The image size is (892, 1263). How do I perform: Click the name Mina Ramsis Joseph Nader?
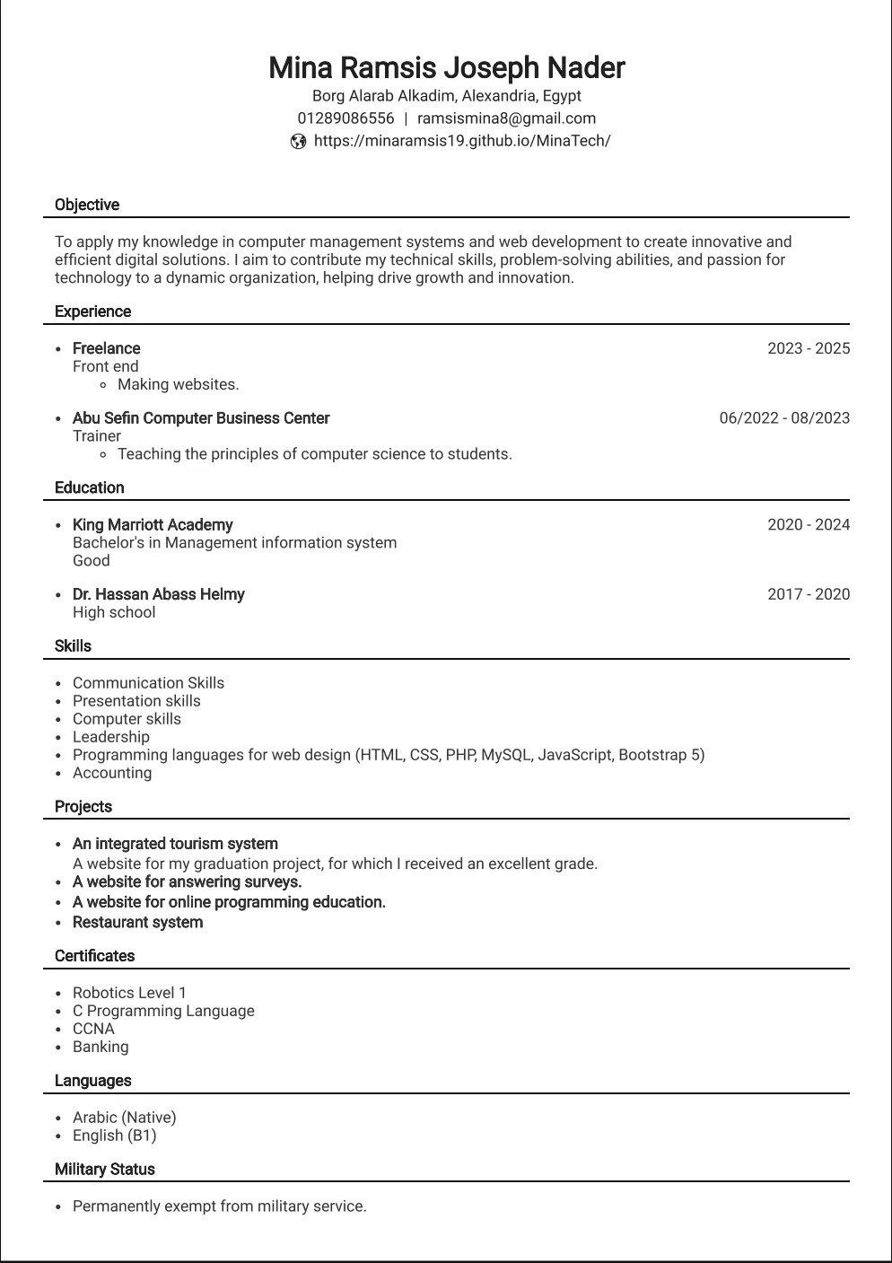446,67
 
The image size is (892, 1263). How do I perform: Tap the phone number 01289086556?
345,118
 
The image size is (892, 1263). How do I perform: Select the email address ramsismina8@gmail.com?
506,118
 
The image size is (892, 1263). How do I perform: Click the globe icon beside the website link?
299,141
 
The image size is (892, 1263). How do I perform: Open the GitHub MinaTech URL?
461,141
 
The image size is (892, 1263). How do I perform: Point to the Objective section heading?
87,205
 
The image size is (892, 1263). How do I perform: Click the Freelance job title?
106,348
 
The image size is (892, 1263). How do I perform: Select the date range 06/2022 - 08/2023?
784,418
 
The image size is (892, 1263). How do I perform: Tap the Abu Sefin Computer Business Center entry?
201,418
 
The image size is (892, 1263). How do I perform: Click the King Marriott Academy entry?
153,525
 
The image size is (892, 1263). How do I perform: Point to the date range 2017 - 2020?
808,594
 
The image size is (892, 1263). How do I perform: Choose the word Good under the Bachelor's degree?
92,561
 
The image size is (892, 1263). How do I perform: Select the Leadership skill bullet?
111,737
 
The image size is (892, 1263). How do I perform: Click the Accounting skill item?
112,773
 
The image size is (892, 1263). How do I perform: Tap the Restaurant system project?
137,923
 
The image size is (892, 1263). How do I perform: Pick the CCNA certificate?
93,1029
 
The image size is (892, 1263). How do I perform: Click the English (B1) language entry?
114,1136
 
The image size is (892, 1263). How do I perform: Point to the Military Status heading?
104,1170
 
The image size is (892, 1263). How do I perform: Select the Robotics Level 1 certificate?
129,993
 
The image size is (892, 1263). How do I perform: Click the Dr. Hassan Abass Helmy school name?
158,594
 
